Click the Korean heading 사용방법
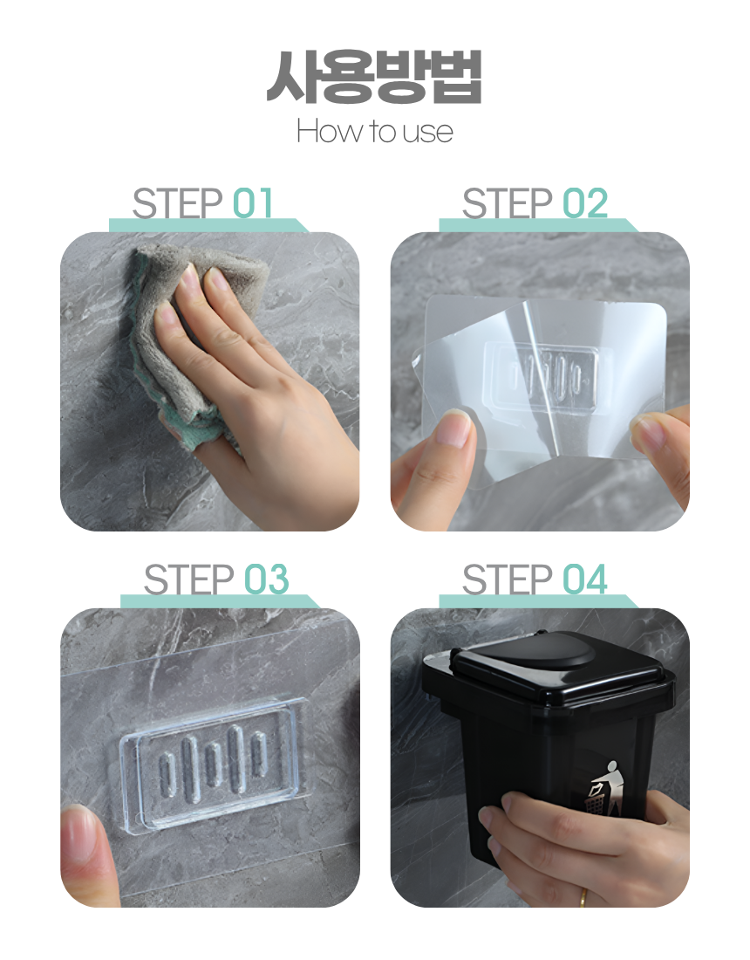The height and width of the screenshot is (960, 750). tap(374, 77)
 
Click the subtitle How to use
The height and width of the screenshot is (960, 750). tap(374, 131)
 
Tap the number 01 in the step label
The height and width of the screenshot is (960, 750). tap(252, 203)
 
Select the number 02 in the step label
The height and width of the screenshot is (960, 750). tap(585, 203)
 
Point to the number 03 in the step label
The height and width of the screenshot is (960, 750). tap(266, 579)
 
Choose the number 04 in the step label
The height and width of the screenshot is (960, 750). tap(585, 579)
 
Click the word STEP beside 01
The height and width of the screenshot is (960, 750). tap(177, 203)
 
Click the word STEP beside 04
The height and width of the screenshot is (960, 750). tap(508, 579)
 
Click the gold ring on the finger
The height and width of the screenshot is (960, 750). tap(583, 897)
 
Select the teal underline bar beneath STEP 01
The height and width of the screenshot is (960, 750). tap(208, 225)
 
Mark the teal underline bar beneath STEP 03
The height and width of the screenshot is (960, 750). tap(219, 601)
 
